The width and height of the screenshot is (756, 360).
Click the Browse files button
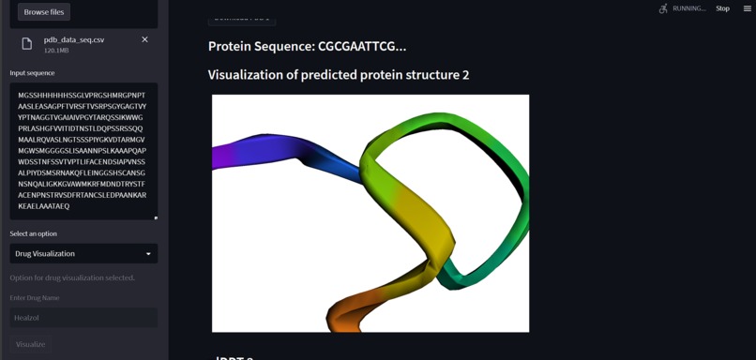click(44, 12)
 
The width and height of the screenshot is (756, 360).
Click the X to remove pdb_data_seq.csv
click(144, 39)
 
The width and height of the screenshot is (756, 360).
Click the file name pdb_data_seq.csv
click(74, 39)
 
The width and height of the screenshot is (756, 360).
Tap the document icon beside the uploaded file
click(26, 43)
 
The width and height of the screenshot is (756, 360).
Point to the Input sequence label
click(32, 73)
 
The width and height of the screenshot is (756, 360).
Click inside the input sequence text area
click(83, 150)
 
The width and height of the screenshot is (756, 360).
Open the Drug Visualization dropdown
click(83, 253)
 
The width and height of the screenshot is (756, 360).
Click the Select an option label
click(33, 233)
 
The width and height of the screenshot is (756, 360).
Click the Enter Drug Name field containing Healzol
click(83, 318)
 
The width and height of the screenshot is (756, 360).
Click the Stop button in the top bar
click(722, 8)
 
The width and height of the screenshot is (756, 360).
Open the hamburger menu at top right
click(747, 8)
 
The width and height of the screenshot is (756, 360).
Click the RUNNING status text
click(689, 8)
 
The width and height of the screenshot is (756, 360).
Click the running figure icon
click(664, 8)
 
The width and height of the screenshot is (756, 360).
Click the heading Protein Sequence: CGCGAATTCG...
click(307, 46)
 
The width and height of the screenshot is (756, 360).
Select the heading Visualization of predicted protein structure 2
click(338, 75)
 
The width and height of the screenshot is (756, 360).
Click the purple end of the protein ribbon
click(225, 154)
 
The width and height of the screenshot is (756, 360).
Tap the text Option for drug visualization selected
click(72, 277)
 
